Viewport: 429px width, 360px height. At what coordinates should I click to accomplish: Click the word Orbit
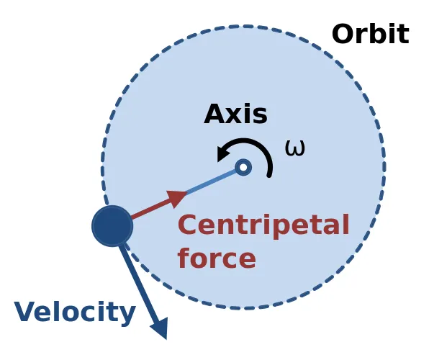(x=371, y=34)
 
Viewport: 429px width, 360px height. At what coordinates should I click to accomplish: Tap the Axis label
(x=235, y=114)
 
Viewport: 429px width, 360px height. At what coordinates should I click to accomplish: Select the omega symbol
(x=294, y=148)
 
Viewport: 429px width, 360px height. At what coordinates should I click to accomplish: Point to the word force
(x=217, y=258)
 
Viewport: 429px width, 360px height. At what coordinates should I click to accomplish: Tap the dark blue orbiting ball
(x=112, y=226)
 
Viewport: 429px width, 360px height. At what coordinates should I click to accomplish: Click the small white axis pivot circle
(x=243, y=167)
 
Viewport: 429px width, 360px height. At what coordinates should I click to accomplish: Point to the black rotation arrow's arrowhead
(x=224, y=153)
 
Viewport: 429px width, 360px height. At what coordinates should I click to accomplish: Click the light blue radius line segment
(x=212, y=181)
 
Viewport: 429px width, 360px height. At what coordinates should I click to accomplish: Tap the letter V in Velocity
(x=26, y=311)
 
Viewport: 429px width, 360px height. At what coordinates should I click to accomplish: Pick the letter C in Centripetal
(x=187, y=225)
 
